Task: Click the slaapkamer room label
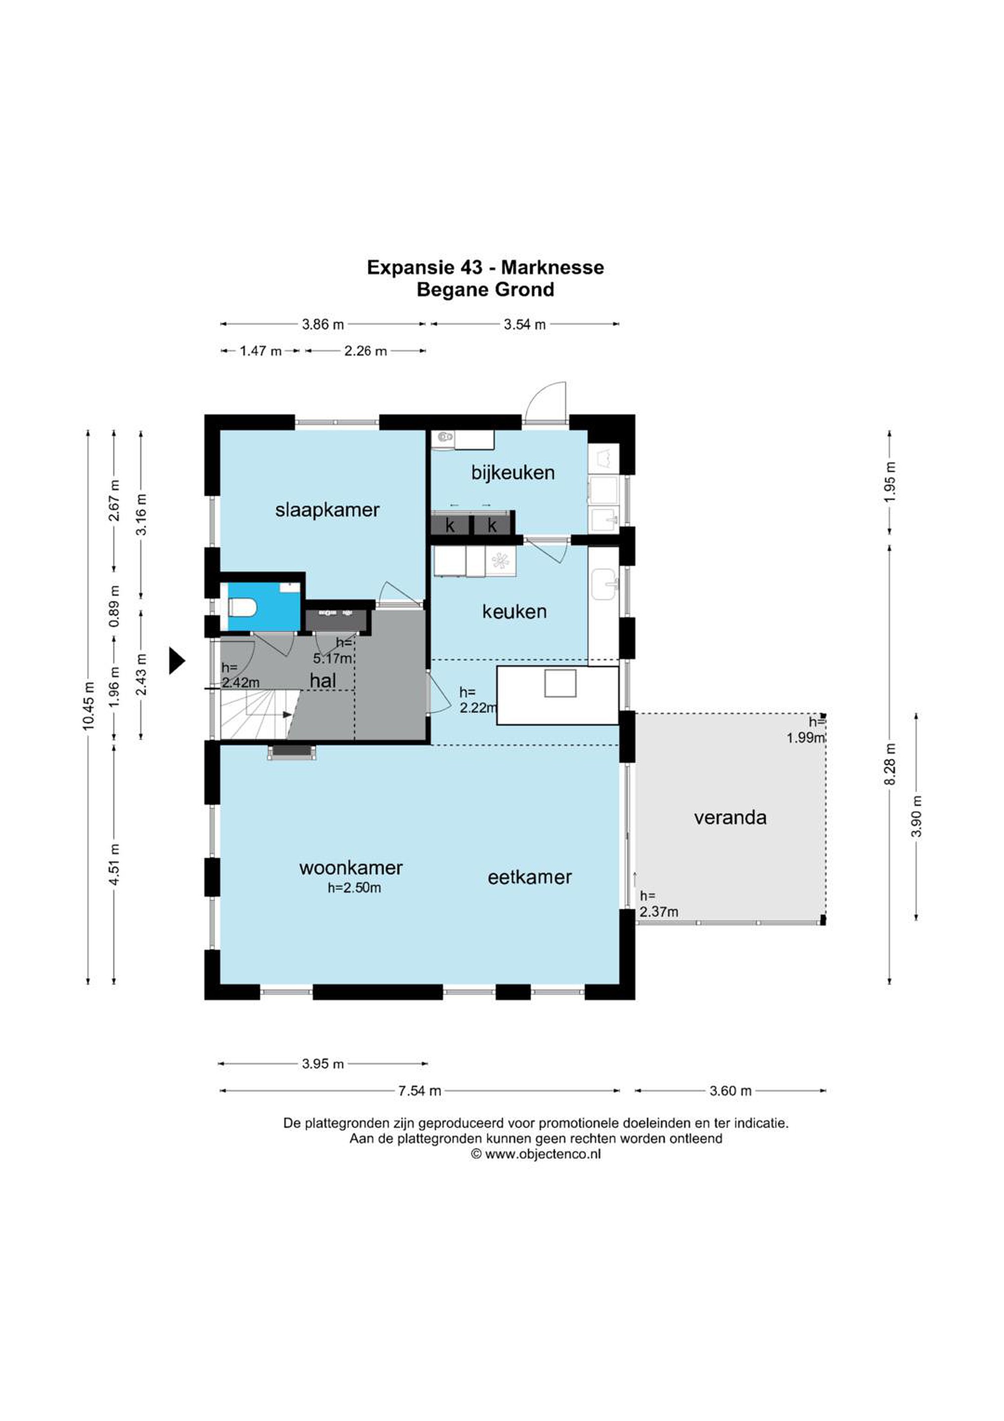click(327, 511)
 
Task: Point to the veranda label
click(730, 818)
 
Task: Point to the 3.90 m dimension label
click(917, 816)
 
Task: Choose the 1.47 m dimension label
click(260, 351)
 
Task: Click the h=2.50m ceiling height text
click(354, 888)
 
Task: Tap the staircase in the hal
click(260, 714)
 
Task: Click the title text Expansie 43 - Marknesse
click(485, 267)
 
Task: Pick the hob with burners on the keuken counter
click(501, 561)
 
